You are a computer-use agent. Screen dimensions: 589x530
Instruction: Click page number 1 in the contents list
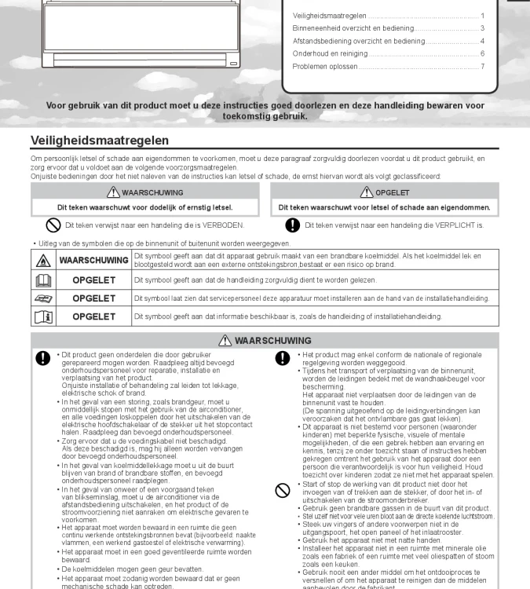coord(482,16)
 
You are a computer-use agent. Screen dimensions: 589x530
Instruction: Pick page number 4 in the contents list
coord(482,41)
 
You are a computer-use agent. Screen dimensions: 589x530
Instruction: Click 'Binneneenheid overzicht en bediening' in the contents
coord(353,28)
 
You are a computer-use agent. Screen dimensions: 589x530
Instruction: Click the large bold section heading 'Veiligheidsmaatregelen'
coord(100,141)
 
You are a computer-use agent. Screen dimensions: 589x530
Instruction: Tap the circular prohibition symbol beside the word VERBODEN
coord(53,225)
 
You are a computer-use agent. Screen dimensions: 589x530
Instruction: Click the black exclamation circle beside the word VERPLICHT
coord(292,225)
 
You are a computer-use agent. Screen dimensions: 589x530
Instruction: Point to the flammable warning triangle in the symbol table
coord(43,261)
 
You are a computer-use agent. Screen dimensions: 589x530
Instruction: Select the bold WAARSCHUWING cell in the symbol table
coord(93,260)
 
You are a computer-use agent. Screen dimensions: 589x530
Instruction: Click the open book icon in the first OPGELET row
coord(43,280)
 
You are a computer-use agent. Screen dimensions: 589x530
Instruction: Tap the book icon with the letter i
coord(43,316)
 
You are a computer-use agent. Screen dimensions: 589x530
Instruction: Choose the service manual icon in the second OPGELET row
coord(43,298)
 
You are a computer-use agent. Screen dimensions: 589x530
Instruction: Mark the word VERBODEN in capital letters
coord(221,225)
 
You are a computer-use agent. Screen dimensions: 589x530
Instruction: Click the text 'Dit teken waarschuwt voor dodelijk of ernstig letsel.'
coord(145,207)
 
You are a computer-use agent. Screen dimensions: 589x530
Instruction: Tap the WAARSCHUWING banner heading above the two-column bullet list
coord(265,341)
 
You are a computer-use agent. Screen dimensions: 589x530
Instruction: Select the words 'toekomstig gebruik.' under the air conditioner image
coord(265,116)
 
